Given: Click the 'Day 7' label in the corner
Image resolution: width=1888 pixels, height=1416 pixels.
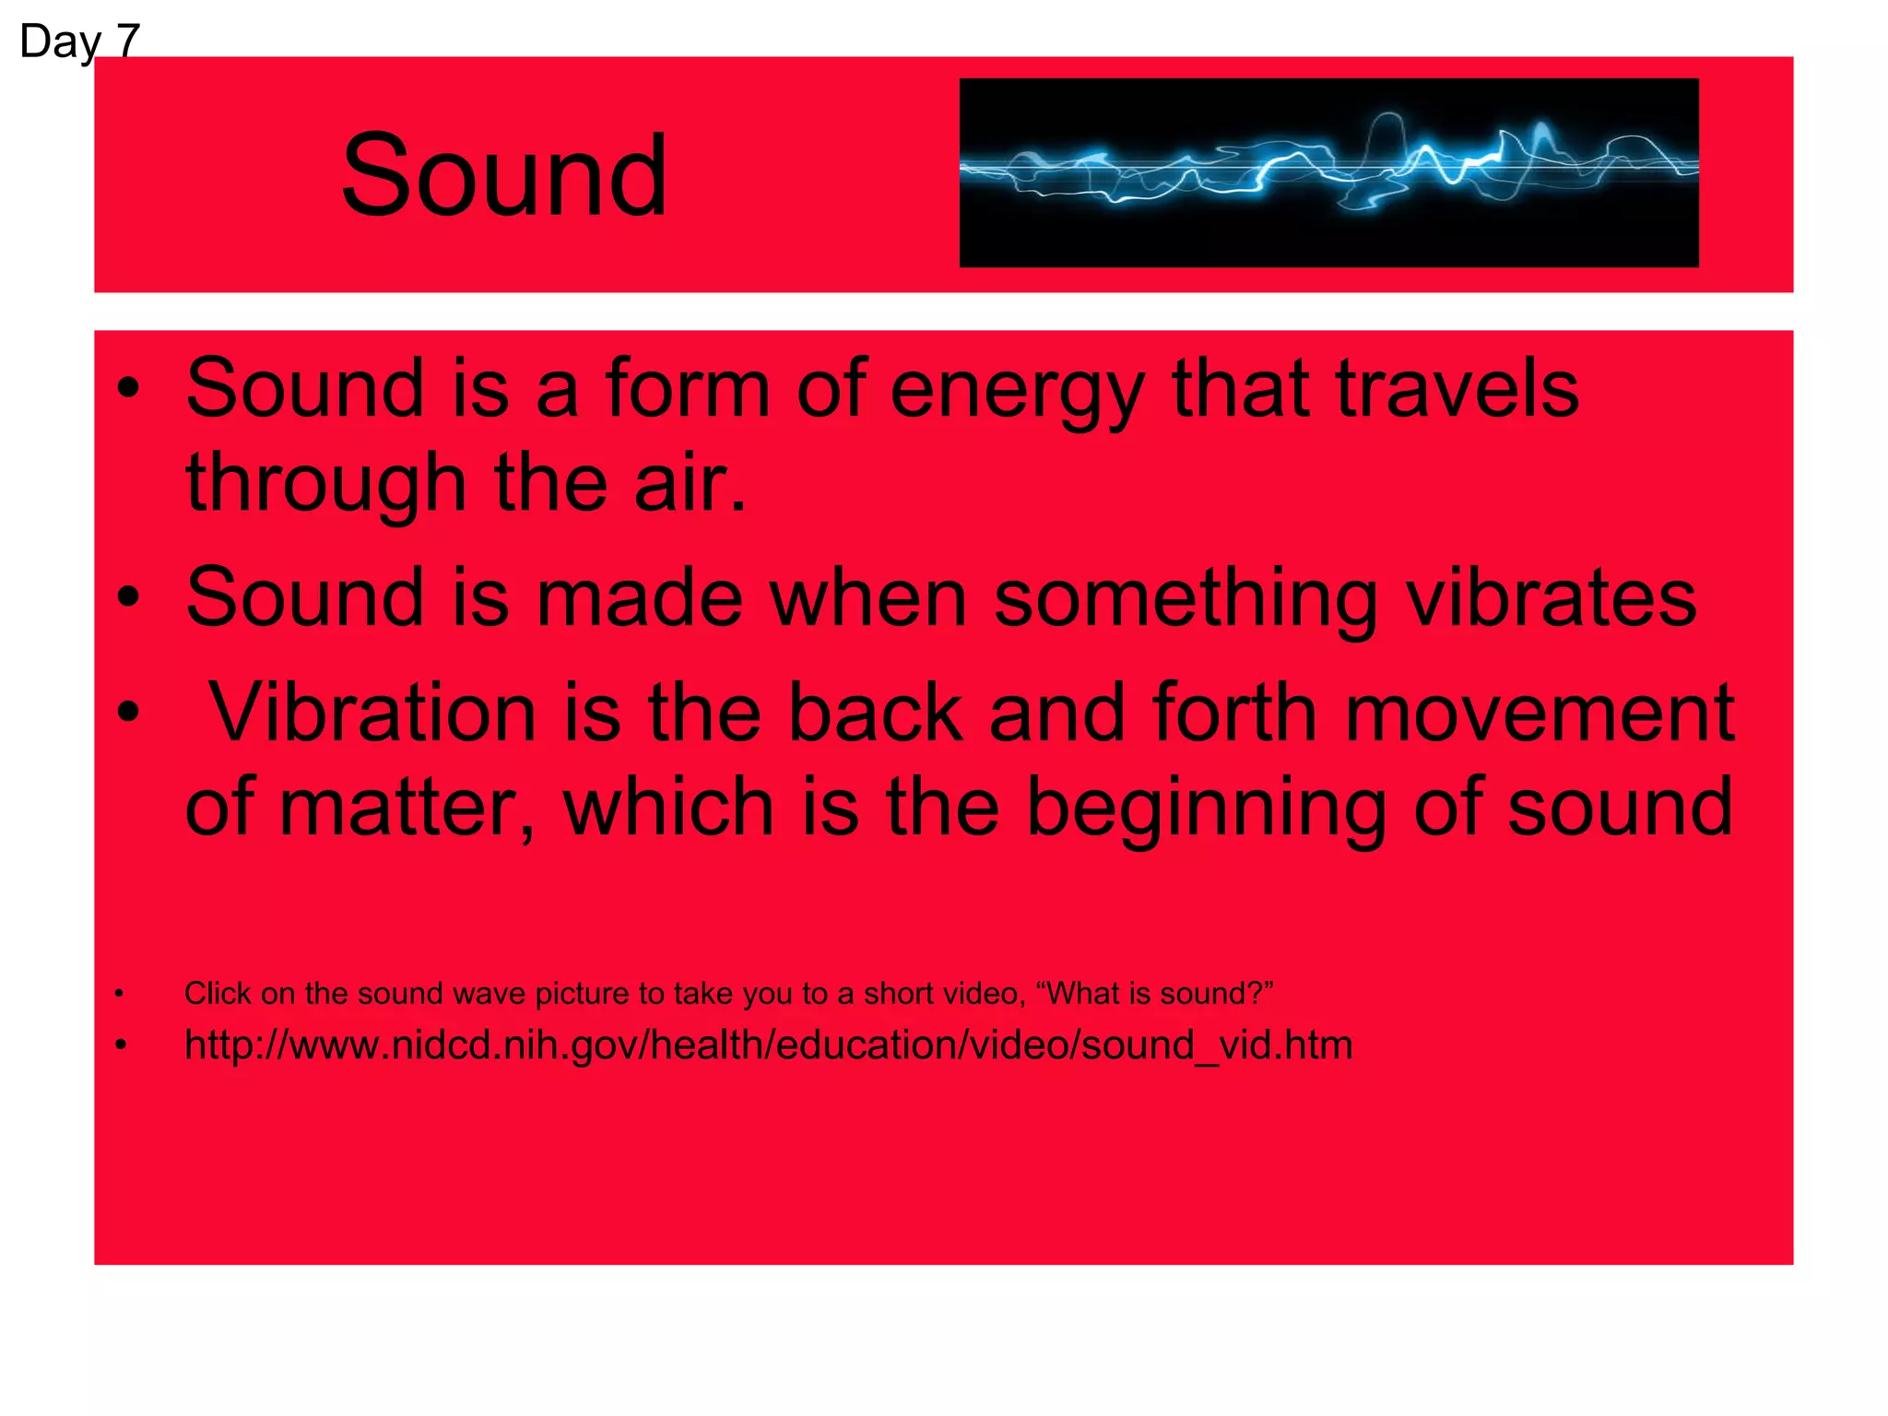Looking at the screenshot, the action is pyautogui.click(x=79, y=41).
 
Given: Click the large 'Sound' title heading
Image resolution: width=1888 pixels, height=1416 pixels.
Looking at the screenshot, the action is pyautogui.click(x=503, y=175).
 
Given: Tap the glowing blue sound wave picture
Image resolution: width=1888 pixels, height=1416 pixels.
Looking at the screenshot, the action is pyautogui.click(x=1328, y=172).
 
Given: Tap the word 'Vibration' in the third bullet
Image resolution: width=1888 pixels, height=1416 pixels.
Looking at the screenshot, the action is pyautogui.click(x=372, y=713).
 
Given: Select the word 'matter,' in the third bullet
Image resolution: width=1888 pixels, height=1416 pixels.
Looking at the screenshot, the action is pyautogui.click(x=406, y=808).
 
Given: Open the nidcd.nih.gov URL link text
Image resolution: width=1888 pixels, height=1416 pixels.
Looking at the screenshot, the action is pyautogui.click(x=768, y=1045).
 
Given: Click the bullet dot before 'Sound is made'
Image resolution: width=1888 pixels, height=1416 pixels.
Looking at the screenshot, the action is pyautogui.click(x=128, y=597).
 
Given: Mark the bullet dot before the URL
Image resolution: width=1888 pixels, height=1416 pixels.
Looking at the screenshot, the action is pyautogui.click(x=120, y=1045).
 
